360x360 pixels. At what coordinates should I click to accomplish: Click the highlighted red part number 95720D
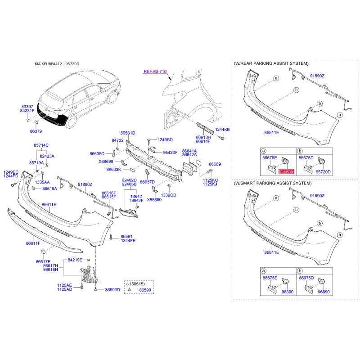pyautogui.click(x=287, y=172)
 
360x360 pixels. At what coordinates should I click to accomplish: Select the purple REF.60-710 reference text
pyautogui.click(x=155, y=72)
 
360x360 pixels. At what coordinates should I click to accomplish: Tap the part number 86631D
pyautogui.click(x=128, y=133)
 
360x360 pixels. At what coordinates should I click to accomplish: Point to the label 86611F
pyautogui.click(x=33, y=243)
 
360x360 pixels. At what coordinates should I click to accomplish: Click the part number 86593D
pyautogui.click(x=112, y=290)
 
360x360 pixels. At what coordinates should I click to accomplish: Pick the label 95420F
pyautogui.click(x=170, y=153)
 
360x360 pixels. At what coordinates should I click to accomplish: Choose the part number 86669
pyautogui.click(x=215, y=164)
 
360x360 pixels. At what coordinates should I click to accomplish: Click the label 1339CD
pyautogui.click(x=168, y=195)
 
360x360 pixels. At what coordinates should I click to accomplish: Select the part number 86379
pyautogui.click(x=36, y=131)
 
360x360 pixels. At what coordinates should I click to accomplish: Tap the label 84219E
pyautogui.click(x=75, y=260)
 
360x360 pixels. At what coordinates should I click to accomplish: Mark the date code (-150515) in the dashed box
pyautogui.click(x=135, y=284)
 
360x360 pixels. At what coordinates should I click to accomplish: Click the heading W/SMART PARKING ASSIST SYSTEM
pyautogui.click(x=273, y=183)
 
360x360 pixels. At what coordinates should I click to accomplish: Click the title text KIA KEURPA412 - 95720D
pyautogui.click(x=57, y=64)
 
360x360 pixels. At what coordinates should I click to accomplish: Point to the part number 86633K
pyautogui.click(x=114, y=170)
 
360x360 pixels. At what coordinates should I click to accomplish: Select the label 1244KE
pyautogui.click(x=222, y=130)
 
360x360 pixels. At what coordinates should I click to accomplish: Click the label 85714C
pyautogui.click(x=41, y=145)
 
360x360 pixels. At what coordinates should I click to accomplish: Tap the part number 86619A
pyautogui.click(x=49, y=189)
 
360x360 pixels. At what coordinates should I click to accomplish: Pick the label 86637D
pyautogui.click(x=147, y=182)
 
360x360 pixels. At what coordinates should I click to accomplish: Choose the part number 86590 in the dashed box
pyautogui.click(x=145, y=290)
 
